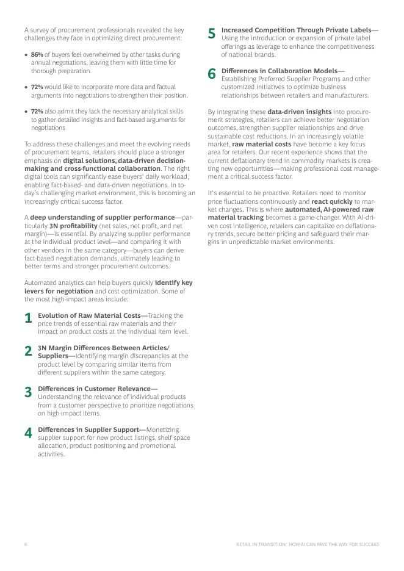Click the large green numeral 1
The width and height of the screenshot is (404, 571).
pos(28,318)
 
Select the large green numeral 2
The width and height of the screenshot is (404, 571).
pos(28,351)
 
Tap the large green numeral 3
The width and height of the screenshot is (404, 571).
pos(28,392)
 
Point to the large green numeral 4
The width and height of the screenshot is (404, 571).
pos(28,433)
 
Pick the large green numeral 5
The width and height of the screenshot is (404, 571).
pos(212,33)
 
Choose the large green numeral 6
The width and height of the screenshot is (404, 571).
pos(212,74)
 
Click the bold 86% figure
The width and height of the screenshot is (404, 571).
pos(37,54)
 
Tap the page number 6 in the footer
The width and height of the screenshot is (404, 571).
pos(26,544)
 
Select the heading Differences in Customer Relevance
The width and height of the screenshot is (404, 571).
pos(94,389)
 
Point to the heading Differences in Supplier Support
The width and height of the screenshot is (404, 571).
pos(88,429)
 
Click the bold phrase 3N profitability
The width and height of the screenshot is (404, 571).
pos(73,226)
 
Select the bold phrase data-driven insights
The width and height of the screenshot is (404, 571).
pos(299,112)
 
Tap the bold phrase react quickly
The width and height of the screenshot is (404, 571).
pos(332,201)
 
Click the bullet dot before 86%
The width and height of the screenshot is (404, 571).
pos(26,54)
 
